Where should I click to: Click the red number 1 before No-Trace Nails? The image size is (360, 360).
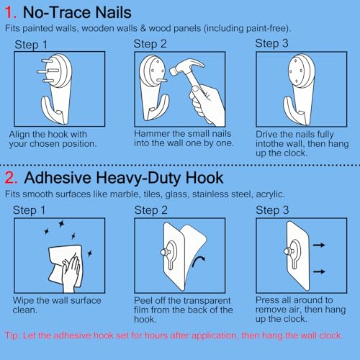(9, 12)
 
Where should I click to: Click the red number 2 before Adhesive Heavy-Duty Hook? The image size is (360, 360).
(10, 178)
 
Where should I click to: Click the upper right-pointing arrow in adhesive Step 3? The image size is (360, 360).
(319, 245)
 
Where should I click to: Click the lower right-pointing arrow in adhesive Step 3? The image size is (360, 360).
(319, 271)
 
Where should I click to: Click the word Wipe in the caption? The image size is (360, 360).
(23, 301)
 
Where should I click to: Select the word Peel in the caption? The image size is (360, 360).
(143, 300)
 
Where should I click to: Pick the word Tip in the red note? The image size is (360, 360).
(12, 336)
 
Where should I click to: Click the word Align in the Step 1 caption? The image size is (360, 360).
(19, 135)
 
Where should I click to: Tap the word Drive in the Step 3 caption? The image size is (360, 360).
(267, 135)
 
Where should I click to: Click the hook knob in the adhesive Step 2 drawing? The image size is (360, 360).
(165, 252)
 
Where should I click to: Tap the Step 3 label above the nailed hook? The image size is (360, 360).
(271, 43)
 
